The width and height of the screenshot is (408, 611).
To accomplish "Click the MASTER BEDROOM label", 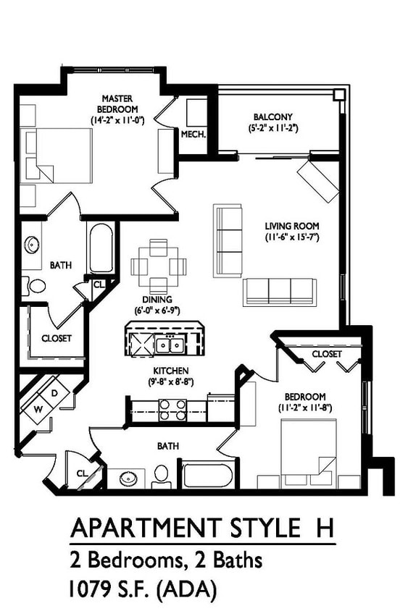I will tap(116, 104).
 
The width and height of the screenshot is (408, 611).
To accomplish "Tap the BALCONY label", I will tap(272, 117).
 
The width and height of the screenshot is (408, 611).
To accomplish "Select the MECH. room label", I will tap(193, 134).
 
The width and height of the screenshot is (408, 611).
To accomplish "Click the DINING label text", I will tap(157, 300).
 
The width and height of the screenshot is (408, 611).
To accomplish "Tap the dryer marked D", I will tap(55, 393).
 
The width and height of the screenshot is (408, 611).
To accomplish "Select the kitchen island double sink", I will tap(170, 345).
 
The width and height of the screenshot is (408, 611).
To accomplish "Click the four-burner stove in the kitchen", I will tap(173, 410).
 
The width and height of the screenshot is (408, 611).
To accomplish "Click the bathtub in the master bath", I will tap(101, 248).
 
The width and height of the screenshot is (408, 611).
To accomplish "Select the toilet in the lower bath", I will tap(161, 476).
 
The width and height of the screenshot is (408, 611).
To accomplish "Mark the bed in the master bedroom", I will tap(51, 156).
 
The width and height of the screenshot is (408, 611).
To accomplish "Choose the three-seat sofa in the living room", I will tap(280, 290).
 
